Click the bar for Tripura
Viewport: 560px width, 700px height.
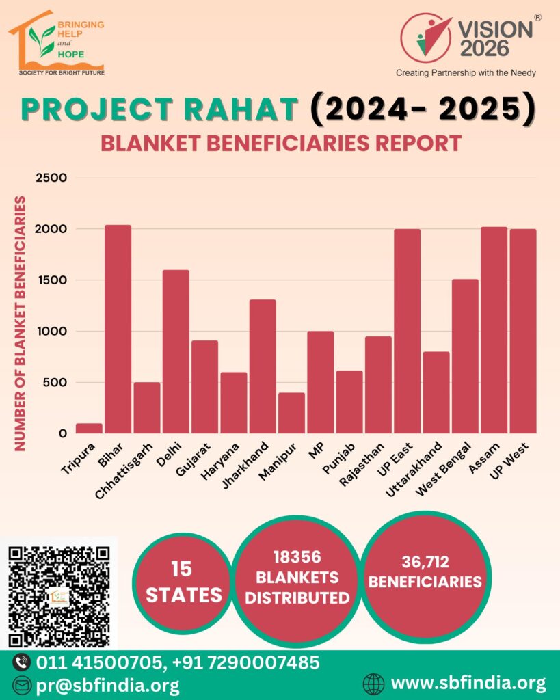(89, 429)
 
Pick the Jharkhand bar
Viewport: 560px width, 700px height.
(263, 366)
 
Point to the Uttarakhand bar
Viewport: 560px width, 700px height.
(436, 392)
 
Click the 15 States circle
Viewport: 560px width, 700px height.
(183, 582)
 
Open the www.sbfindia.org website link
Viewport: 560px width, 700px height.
(468, 683)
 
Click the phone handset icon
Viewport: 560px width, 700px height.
(22, 662)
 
